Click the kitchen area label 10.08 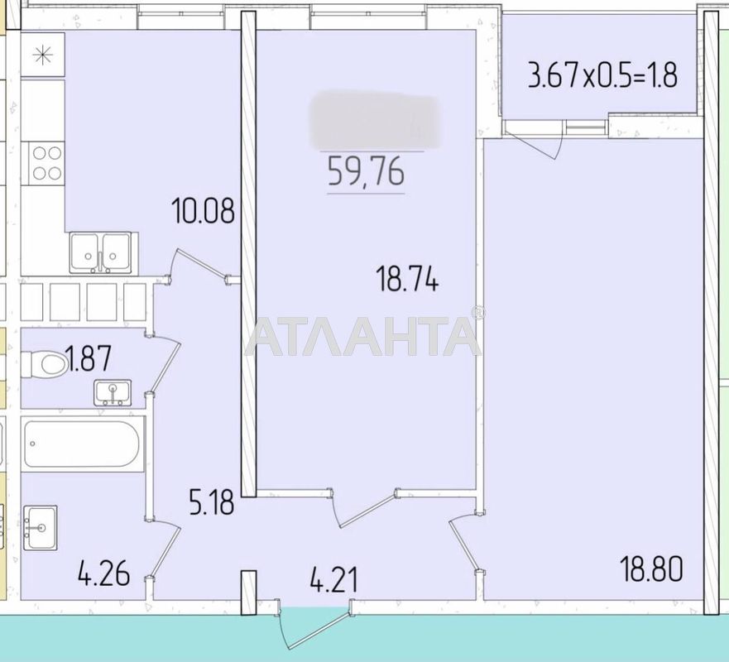(203, 210)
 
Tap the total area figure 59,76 (366, 171)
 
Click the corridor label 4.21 (333, 578)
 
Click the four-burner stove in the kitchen (46, 162)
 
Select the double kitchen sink (100, 252)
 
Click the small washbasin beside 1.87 (112, 391)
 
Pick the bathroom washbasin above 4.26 (40, 526)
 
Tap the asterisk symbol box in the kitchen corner (41, 55)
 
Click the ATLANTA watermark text (362, 335)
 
